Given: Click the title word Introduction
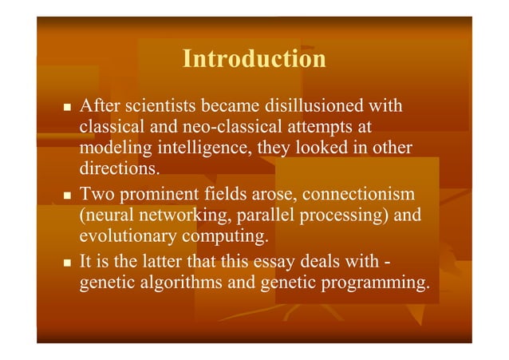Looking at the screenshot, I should tap(254, 60).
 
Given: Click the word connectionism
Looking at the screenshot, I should tap(360, 195).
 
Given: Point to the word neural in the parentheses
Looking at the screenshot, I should tap(109, 216).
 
